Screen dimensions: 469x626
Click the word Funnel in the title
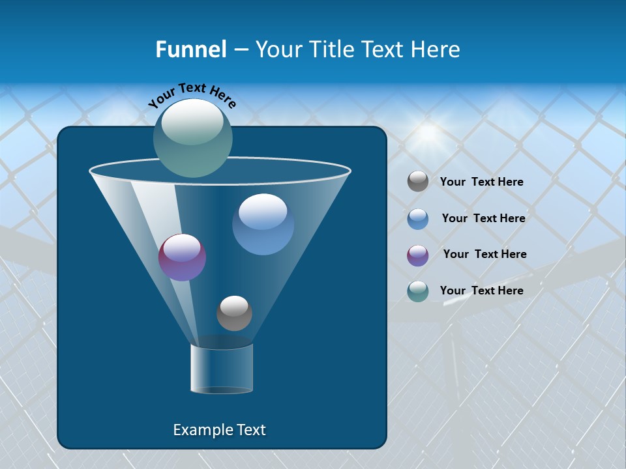[x=190, y=50]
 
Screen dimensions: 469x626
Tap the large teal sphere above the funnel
[x=193, y=137]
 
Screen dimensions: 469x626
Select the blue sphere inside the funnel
[x=263, y=224]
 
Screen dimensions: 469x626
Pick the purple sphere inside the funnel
[x=183, y=257]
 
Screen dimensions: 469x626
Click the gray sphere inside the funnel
[x=234, y=313]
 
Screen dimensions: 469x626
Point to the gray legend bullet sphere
[x=418, y=182]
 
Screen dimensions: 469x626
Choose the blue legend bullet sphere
[x=418, y=218]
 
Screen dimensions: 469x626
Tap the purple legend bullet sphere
[x=418, y=255]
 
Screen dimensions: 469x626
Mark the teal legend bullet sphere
[x=418, y=291]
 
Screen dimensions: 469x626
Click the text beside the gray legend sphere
[x=481, y=182]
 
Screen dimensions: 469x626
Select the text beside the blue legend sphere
[x=483, y=218]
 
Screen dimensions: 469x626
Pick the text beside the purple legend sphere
[x=484, y=254]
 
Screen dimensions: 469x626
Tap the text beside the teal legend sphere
[x=481, y=291]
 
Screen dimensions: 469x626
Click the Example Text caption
[x=219, y=430]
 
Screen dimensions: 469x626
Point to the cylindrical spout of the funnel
[x=222, y=369]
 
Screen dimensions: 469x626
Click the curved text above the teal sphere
[x=192, y=95]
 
